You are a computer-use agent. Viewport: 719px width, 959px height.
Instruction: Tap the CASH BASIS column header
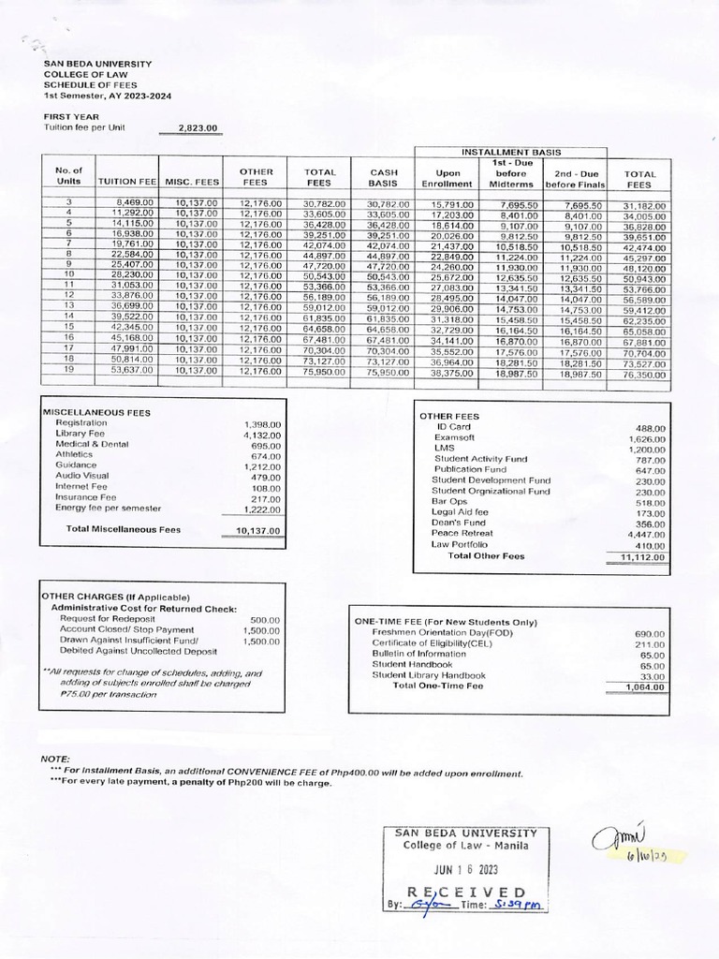(385, 178)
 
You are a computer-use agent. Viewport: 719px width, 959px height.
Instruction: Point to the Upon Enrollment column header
(453, 178)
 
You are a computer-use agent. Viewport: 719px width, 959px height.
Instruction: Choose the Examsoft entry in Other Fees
(453, 438)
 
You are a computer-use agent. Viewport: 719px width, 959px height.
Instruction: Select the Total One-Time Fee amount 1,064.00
(644, 686)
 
